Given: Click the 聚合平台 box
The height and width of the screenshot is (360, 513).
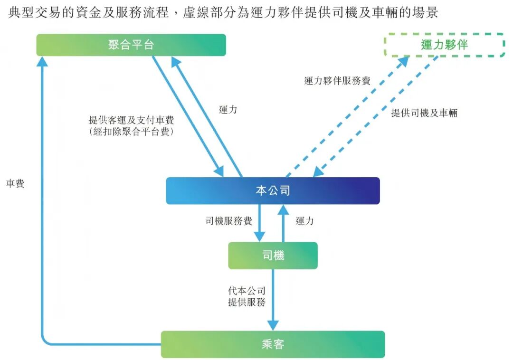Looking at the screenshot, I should [x=131, y=45].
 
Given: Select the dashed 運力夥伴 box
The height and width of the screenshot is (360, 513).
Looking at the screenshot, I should [x=444, y=45].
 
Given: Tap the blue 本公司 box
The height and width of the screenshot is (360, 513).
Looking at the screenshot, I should [x=273, y=191].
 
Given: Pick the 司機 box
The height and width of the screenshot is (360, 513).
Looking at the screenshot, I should [x=273, y=256].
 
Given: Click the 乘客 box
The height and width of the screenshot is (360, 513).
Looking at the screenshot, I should [x=273, y=344].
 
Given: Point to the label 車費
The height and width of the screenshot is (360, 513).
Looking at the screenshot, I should [x=15, y=183].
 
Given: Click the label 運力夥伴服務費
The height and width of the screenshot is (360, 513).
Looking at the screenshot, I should [x=337, y=81].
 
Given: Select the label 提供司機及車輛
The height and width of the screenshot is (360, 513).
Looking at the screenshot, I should [x=424, y=113].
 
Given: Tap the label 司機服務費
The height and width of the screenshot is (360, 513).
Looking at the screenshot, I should [x=228, y=221].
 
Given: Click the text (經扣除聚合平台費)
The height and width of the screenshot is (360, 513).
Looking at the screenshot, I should [x=131, y=132].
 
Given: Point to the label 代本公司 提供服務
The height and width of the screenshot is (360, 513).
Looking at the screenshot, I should [x=247, y=296].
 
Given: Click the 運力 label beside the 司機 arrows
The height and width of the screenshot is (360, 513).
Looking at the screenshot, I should [x=304, y=221].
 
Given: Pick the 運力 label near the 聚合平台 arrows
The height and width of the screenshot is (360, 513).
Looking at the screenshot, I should [x=228, y=109].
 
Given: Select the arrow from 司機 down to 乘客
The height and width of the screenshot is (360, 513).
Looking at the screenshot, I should [x=273, y=299].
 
